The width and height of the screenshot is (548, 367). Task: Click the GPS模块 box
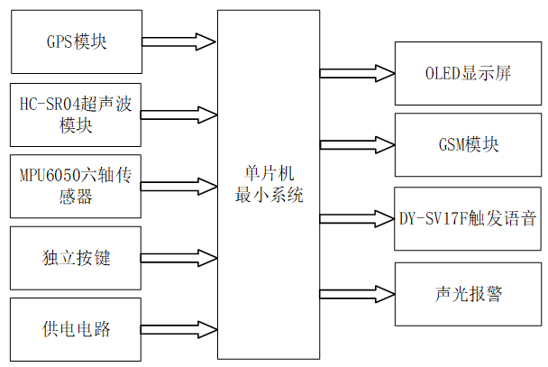pos(75,41)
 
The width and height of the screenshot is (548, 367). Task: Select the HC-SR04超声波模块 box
pos(75,115)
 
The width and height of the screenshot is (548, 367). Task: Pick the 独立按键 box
pos(75,257)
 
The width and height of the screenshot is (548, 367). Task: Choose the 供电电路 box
pos(75,329)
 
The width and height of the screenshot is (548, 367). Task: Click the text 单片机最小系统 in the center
pos(269,183)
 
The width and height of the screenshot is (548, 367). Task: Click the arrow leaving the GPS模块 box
pos(178,41)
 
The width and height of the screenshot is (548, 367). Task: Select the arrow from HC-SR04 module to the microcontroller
pos(178,115)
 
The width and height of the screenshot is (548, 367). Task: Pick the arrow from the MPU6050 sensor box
pos(178,186)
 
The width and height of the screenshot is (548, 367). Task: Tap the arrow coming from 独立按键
pos(178,257)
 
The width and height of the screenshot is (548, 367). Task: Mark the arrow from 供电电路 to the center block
pos(178,329)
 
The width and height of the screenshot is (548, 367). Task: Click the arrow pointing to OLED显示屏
pos(356,73)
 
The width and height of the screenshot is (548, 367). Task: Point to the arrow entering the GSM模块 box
pos(356,145)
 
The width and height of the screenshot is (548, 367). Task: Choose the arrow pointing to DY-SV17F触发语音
pos(356,218)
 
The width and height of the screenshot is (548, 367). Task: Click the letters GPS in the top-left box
pos(59,41)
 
